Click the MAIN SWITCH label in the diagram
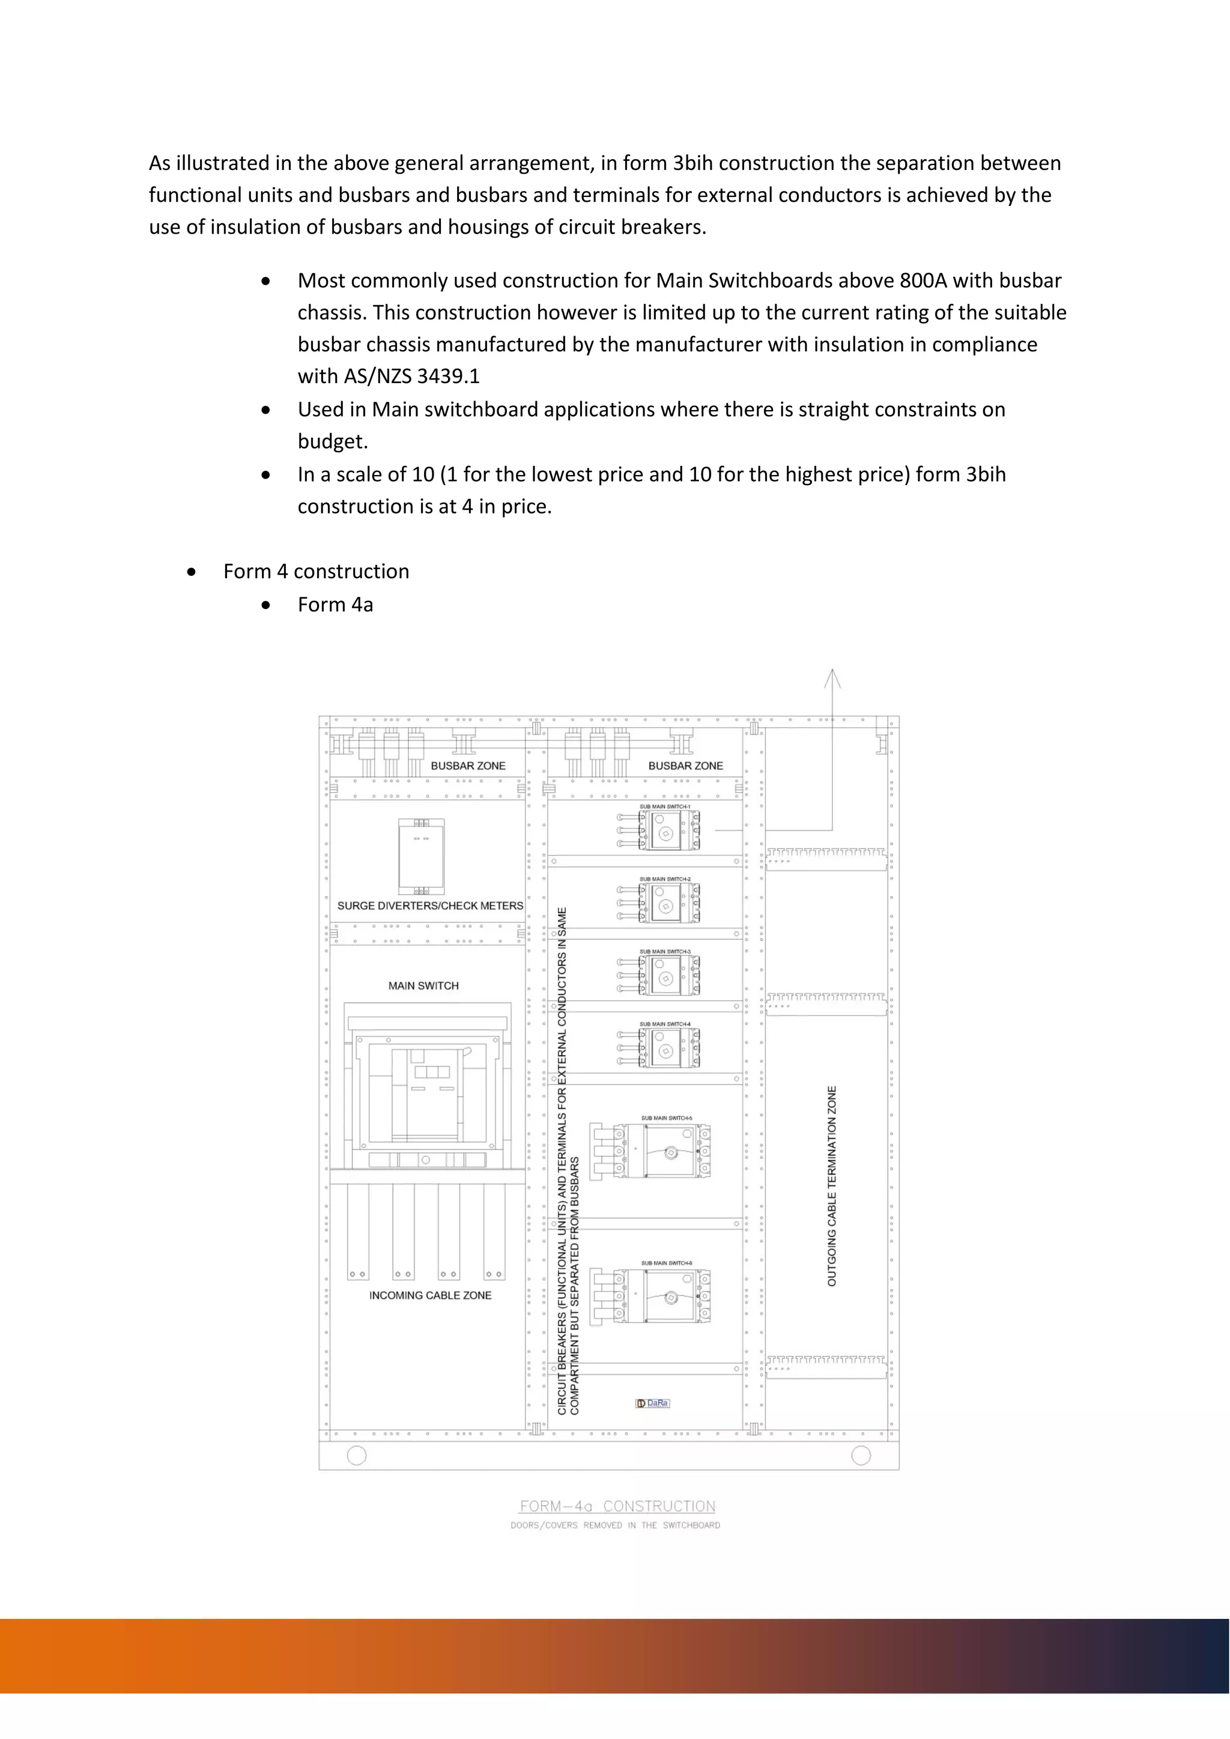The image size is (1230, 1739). click(x=423, y=985)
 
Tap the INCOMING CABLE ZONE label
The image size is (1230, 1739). click(x=430, y=1295)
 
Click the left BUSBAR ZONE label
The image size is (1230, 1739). click(x=468, y=766)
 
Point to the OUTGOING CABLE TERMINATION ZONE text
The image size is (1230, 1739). click(x=832, y=1186)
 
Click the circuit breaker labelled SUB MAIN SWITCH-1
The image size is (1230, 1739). click(x=667, y=832)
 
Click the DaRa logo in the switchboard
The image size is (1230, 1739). click(x=653, y=1403)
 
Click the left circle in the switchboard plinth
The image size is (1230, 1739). click(x=356, y=1455)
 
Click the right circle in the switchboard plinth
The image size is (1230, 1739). click(x=861, y=1455)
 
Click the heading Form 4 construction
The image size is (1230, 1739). click(x=316, y=571)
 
